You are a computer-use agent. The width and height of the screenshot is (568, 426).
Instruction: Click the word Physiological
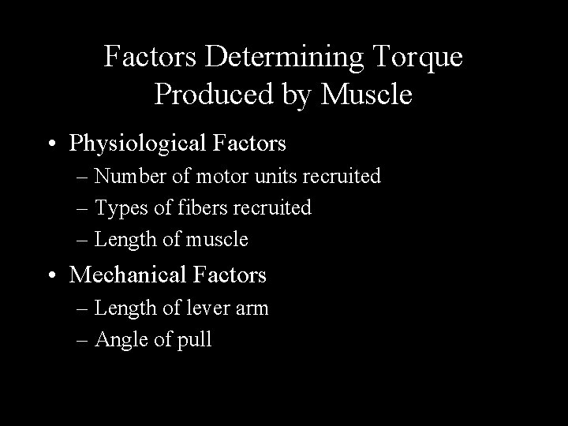(x=141, y=144)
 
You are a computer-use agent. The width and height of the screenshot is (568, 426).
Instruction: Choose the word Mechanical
(x=128, y=275)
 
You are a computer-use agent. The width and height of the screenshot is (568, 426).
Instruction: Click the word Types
(x=117, y=207)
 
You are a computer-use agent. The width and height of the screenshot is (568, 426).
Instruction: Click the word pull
(x=196, y=340)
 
